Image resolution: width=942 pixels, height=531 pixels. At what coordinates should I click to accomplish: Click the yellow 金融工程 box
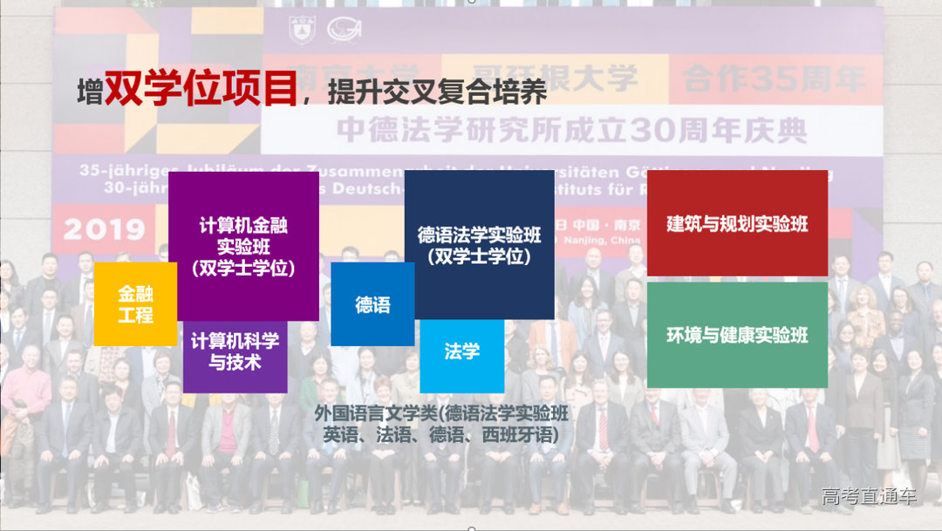pyautogui.click(x=135, y=303)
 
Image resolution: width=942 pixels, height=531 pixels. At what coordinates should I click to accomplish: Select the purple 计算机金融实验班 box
pyautogui.click(x=243, y=246)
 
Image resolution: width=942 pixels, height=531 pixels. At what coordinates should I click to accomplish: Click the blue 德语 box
pyautogui.click(x=372, y=304)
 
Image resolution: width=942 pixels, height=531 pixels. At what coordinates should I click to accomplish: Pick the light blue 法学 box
pyautogui.click(x=461, y=352)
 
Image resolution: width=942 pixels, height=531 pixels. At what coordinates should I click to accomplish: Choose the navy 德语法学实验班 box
pyautogui.click(x=479, y=245)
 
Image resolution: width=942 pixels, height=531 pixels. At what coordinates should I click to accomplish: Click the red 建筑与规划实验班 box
pyautogui.click(x=737, y=223)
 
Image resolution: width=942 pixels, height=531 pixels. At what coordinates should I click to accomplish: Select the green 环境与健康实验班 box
pyautogui.click(x=737, y=335)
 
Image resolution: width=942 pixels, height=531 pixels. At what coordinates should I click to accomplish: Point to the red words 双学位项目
pyautogui.click(x=201, y=90)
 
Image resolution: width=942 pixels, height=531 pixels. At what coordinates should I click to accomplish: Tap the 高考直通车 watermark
pyautogui.click(x=869, y=497)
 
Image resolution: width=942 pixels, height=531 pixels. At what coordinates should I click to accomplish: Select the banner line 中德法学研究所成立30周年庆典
pyautogui.click(x=571, y=130)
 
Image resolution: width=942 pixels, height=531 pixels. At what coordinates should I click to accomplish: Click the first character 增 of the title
pyautogui.click(x=89, y=93)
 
